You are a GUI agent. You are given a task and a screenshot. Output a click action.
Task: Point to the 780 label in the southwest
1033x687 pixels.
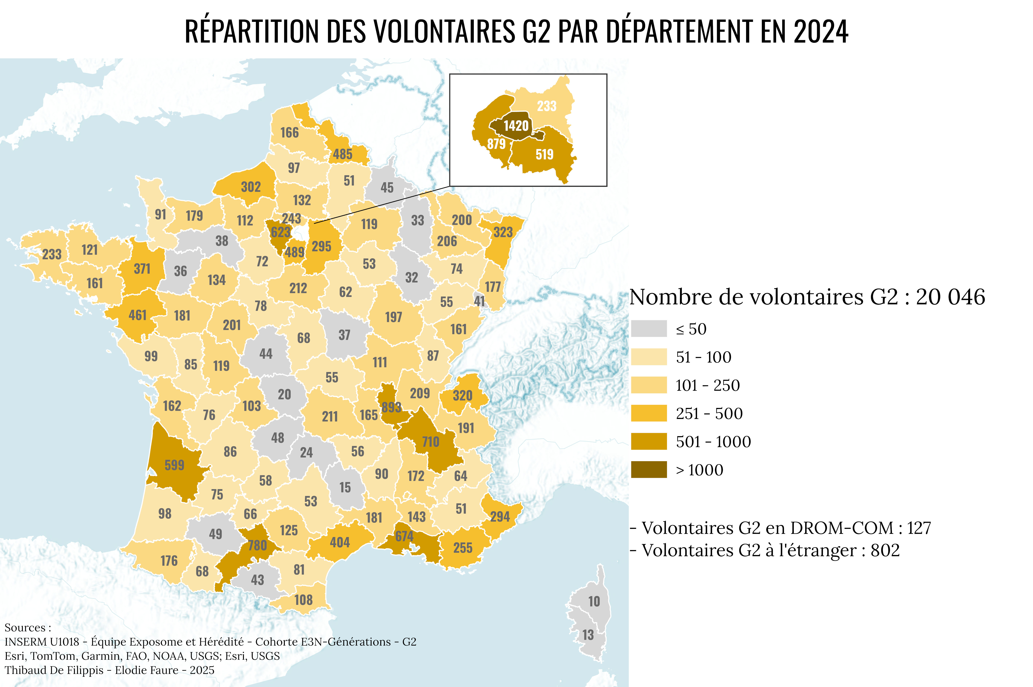click(x=257, y=546)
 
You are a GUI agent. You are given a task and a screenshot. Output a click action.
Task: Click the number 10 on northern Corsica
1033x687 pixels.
click(x=594, y=602)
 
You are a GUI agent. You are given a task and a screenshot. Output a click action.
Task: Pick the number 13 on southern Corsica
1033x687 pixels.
click(x=588, y=635)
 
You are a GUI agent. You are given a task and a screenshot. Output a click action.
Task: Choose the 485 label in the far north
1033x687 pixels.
click(x=342, y=154)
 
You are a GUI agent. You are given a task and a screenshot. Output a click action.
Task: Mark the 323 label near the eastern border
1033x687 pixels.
click(x=503, y=232)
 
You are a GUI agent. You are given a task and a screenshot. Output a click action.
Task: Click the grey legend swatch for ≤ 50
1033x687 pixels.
click(x=649, y=329)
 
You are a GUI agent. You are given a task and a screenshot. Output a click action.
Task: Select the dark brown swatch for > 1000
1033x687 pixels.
click(x=649, y=470)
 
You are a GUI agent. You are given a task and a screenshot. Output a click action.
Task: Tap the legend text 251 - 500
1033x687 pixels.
click(x=709, y=414)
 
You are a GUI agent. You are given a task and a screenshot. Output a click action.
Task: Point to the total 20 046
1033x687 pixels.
click(x=950, y=297)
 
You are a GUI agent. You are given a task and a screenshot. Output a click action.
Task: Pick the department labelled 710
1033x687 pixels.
click(x=430, y=442)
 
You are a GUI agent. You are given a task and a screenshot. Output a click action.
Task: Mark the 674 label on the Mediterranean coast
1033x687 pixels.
click(x=404, y=536)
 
